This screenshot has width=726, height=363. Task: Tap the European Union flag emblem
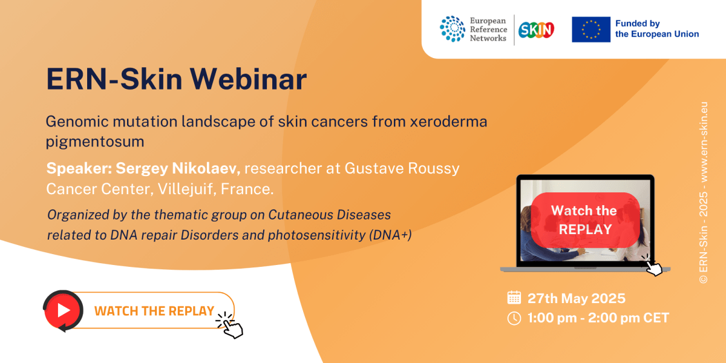click(x=590, y=30)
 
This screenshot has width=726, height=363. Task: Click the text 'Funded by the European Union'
click(x=656, y=29)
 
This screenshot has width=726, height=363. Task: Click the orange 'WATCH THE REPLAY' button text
click(x=154, y=311)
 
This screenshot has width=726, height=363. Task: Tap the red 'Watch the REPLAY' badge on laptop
click(x=584, y=220)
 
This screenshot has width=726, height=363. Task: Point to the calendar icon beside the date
click(x=514, y=298)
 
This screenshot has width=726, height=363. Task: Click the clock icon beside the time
click(x=514, y=318)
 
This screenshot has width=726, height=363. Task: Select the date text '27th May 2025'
click(x=576, y=298)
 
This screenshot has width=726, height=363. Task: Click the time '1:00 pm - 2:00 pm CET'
click(x=598, y=318)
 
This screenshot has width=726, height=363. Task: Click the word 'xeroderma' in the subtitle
click(x=452, y=121)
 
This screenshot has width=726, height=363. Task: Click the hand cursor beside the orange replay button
click(x=231, y=325)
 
